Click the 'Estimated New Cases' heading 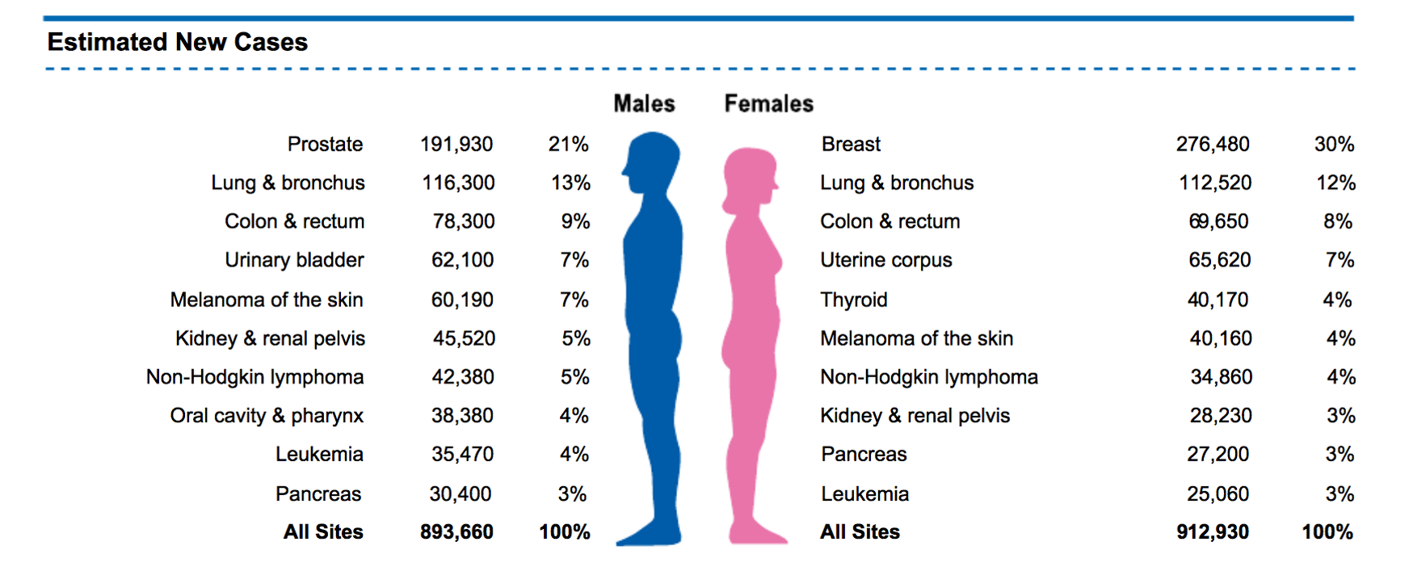tap(177, 42)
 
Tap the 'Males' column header tap(644, 103)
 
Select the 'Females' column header tap(768, 103)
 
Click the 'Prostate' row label tap(325, 144)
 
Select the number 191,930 tap(456, 144)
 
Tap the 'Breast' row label tap(851, 144)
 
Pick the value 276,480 tap(1213, 144)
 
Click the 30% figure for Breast tap(1334, 144)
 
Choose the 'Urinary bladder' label tap(294, 260)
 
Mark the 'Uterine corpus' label tap(886, 260)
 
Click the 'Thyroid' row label tap(854, 300)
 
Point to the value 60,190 tap(462, 300)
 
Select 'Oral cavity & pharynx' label tap(267, 415)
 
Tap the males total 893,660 tap(456, 531)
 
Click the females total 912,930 tap(1213, 531)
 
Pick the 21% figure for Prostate tap(568, 144)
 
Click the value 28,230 tap(1221, 415)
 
